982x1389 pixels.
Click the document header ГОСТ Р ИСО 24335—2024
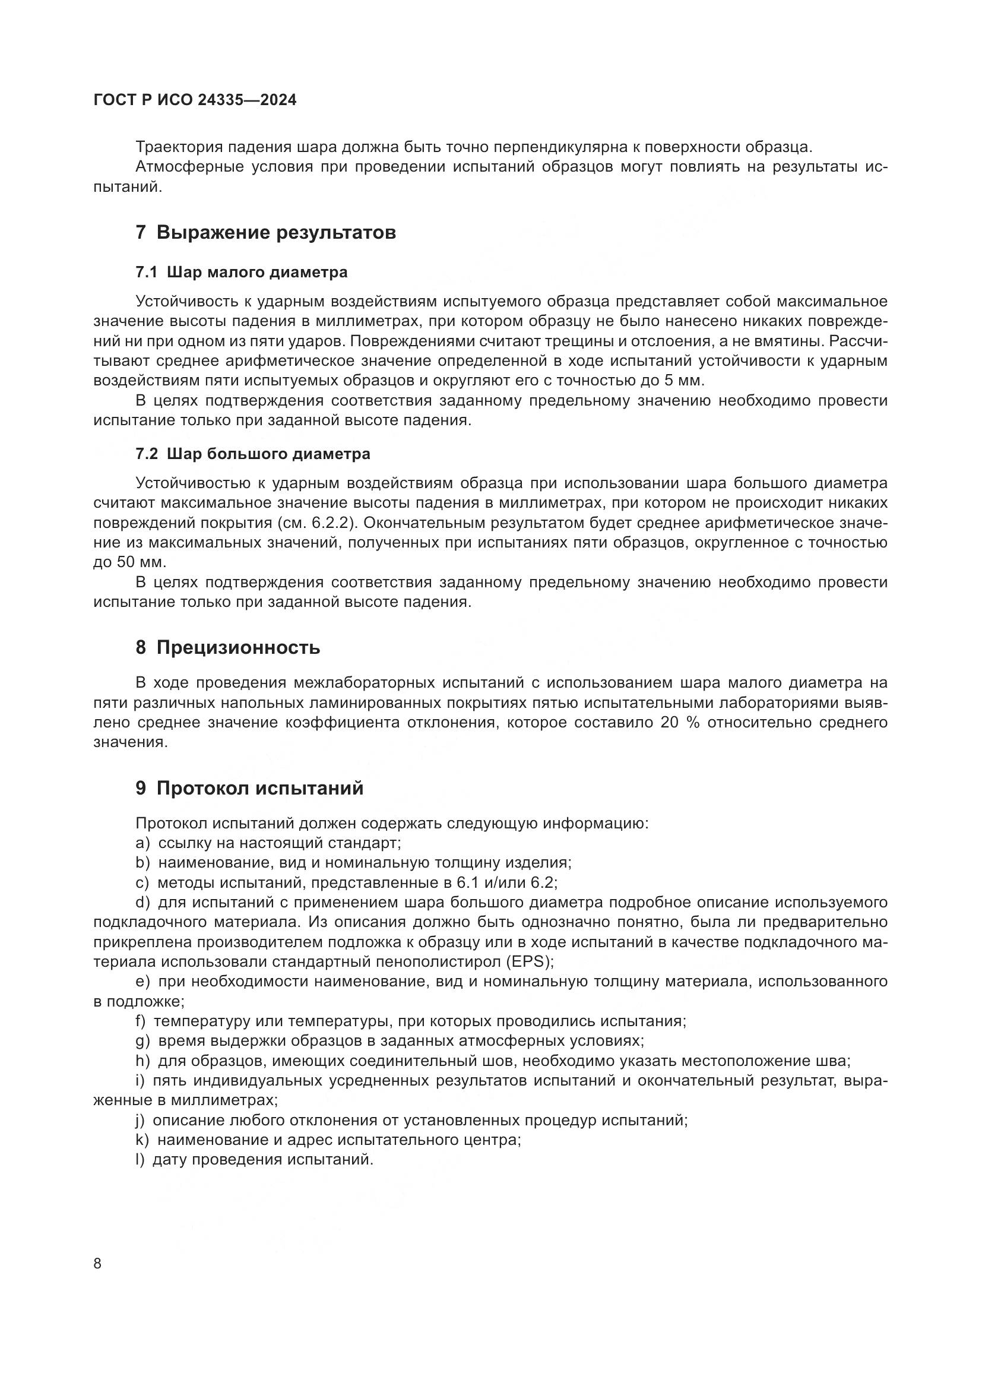(x=195, y=100)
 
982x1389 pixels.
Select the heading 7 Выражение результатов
(x=266, y=232)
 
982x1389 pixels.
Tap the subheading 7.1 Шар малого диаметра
(x=241, y=272)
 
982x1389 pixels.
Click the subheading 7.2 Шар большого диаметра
(x=253, y=454)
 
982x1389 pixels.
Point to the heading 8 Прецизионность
(x=228, y=647)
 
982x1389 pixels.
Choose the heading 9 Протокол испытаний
(x=250, y=788)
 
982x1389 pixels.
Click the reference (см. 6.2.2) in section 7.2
(x=315, y=523)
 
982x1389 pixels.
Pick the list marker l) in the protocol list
(x=140, y=1160)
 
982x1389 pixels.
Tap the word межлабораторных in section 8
(x=364, y=683)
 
